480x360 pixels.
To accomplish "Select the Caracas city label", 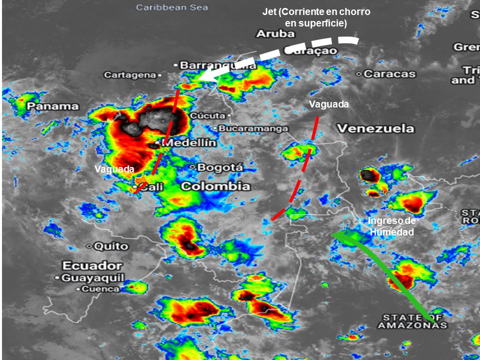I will (x=389, y=74).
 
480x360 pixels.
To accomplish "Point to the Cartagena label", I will (x=130, y=75).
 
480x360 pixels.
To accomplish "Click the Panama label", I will (x=52, y=106).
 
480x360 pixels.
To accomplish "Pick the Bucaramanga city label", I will (x=252, y=128).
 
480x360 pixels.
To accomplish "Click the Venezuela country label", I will (x=375, y=128).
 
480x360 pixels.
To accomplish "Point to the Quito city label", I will (x=110, y=246).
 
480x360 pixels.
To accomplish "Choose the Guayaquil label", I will (x=92, y=278).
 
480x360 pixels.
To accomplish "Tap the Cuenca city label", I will (x=100, y=289).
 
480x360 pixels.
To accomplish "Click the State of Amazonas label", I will (x=412, y=321).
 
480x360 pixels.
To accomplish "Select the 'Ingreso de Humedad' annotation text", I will (x=391, y=226).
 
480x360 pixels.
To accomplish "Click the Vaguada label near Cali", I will (x=114, y=169).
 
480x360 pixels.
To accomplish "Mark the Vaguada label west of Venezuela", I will (x=328, y=104).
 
